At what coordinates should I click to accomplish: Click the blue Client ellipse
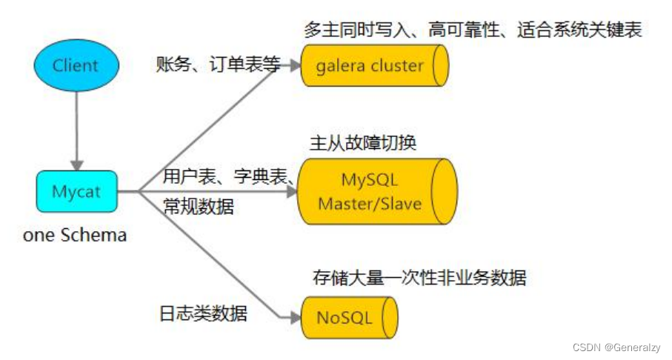[x=75, y=65]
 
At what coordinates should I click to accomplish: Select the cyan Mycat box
[x=76, y=192]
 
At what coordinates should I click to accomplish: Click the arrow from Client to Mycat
[x=75, y=130]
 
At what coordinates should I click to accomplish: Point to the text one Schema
[x=75, y=236]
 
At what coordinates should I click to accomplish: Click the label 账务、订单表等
[x=218, y=64]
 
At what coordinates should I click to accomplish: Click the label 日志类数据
[x=203, y=313]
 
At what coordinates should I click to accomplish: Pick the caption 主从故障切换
[x=362, y=142]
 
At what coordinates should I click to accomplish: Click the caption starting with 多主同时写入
[x=472, y=30]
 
